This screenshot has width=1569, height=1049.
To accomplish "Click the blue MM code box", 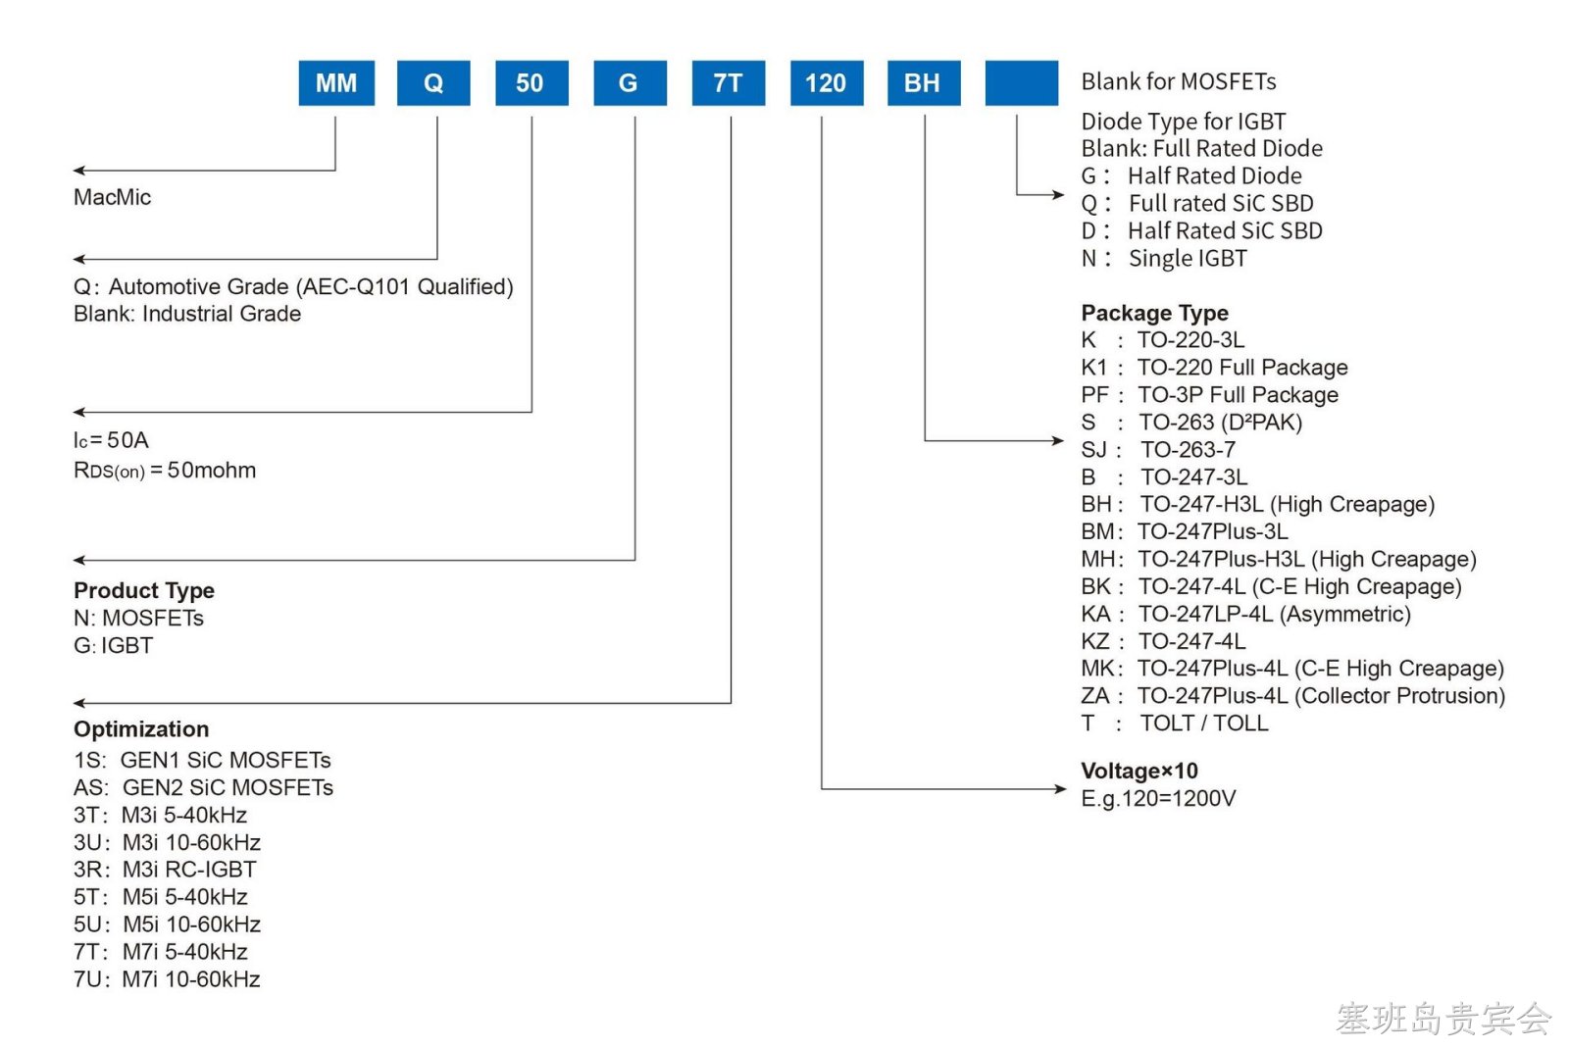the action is coord(336,82).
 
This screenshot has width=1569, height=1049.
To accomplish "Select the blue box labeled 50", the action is coord(531,82).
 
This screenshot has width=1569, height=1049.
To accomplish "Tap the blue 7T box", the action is coord(729,82).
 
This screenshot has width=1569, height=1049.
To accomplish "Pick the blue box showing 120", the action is coord(827,82).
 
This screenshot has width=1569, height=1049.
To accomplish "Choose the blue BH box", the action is coord(924,82).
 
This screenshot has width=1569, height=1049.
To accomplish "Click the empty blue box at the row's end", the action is coord(1021,82).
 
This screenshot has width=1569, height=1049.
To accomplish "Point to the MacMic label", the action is coord(112,197).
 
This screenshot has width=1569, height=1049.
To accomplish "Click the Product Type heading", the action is coord(143,590).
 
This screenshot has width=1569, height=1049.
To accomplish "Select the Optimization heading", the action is coord(141,729).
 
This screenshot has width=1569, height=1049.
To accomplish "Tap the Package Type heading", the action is coord(1154,313).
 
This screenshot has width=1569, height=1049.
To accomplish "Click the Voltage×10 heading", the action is coord(1139,771).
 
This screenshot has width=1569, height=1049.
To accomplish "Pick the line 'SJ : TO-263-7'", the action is coord(1158,450).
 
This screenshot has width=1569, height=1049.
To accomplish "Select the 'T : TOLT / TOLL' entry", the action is coord(1175,723).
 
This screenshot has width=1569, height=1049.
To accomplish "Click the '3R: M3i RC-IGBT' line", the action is coord(166,869).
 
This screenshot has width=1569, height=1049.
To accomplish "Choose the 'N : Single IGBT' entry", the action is coord(1164,259).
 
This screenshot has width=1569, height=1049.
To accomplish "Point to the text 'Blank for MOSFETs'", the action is coord(1178,81).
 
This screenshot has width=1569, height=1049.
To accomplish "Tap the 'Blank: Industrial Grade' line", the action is coord(187,314).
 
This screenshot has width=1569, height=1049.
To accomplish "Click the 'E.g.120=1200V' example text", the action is coord(1158,798).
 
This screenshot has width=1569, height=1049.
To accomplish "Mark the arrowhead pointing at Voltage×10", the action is coord(1060,789).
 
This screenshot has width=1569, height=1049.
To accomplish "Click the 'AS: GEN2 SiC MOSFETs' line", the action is coord(203,787).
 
